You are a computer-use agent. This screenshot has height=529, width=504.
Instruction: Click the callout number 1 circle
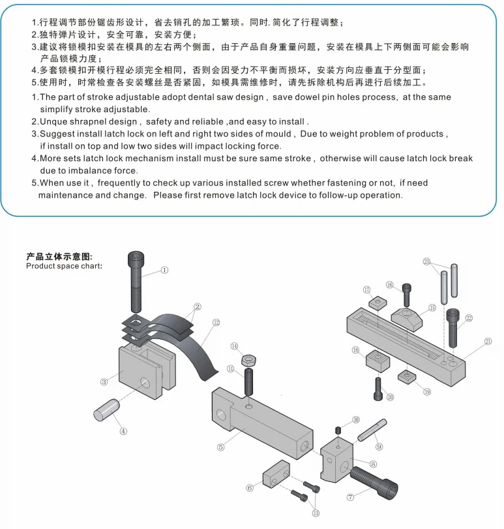pyautogui.click(x=164, y=269)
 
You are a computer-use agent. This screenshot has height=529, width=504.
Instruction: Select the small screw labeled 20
pyautogui.click(x=377, y=389)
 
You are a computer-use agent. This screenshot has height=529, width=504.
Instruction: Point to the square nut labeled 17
pyautogui.click(x=378, y=303)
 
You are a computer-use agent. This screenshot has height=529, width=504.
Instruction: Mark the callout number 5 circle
pyautogui.click(x=220, y=447)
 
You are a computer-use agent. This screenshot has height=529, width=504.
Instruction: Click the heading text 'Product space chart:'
pyautogui.click(x=63, y=266)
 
